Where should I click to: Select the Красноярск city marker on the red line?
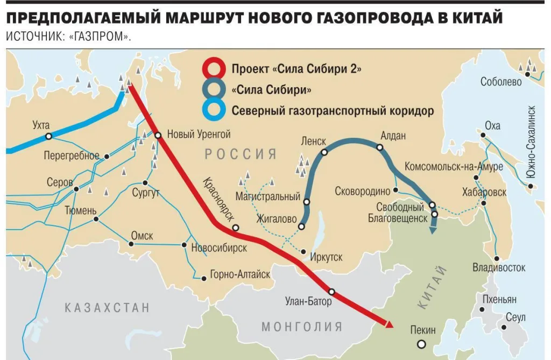235,228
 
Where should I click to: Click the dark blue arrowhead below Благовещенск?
432,231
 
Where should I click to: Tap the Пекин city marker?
422,344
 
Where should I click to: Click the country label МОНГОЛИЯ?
302,327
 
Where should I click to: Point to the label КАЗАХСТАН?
107,308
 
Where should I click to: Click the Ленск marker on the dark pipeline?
324,152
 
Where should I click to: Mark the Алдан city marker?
380,147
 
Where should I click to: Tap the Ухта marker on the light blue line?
47,136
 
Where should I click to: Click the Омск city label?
142,236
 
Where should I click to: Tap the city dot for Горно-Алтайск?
204,278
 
